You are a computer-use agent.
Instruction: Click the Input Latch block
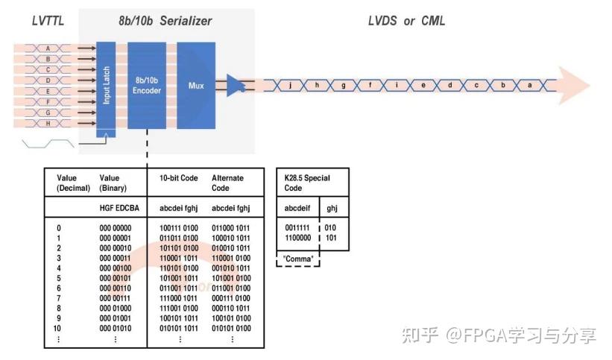point(106,85)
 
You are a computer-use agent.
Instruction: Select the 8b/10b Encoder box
point(147,85)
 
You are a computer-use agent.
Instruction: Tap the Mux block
point(195,85)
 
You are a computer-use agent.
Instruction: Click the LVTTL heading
point(48,21)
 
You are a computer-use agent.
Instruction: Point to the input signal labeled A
point(48,48)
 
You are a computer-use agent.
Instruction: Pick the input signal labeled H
point(48,124)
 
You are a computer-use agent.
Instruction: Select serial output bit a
point(530,85)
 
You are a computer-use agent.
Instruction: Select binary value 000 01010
point(116,328)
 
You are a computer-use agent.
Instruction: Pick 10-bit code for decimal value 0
point(178,227)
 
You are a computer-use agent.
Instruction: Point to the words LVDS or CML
point(406,21)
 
